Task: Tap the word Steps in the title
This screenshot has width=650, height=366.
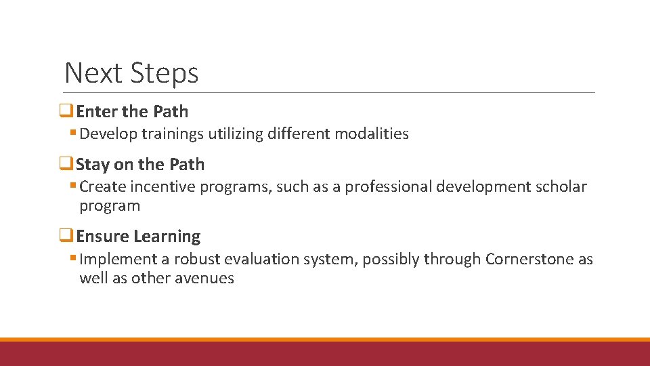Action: tap(165, 73)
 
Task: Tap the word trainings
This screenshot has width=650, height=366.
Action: tap(173, 134)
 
